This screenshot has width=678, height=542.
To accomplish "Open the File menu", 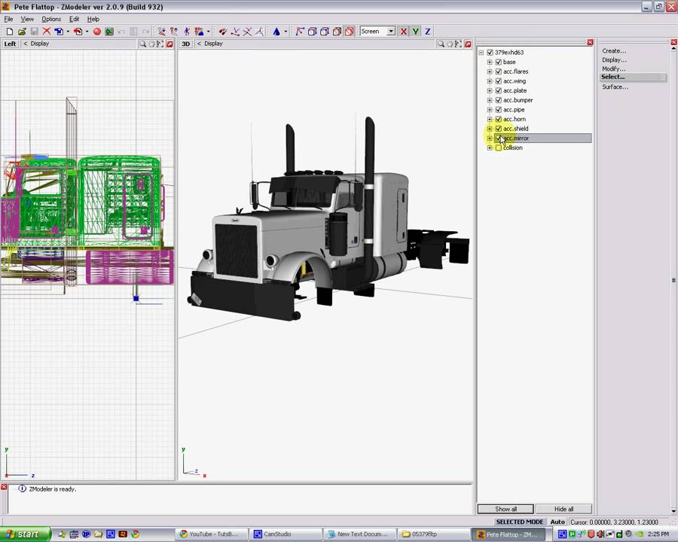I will tap(8, 19).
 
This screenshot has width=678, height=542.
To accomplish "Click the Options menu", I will tap(51, 19).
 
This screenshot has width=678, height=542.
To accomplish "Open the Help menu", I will tap(93, 19).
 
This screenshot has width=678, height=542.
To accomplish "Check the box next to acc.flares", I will tap(498, 72).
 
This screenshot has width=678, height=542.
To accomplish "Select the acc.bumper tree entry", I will tap(518, 100).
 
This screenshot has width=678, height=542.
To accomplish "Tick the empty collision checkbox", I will tap(498, 148).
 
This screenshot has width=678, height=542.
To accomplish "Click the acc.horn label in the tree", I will tap(515, 119).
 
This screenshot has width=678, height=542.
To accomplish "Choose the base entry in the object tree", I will tap(509, 62).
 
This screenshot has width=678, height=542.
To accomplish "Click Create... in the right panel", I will tap(614, 51).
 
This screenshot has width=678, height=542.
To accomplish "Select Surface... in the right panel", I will tap(615, 87).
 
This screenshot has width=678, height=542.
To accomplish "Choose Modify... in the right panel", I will tap(613, 69).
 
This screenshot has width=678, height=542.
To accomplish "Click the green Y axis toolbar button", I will tap(415, 32).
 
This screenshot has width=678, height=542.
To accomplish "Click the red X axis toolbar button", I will tap(404, 32).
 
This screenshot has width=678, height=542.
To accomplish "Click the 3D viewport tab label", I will tap(186, 44).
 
